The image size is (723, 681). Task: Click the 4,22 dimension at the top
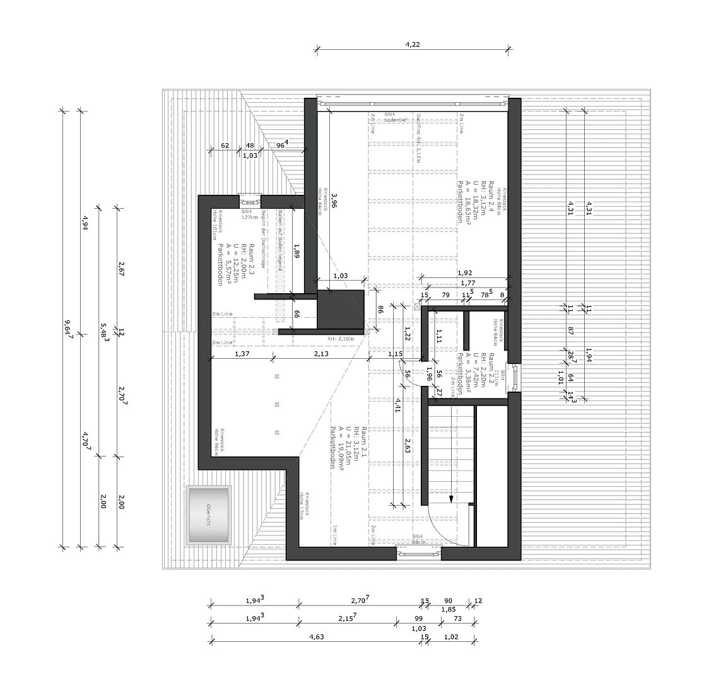413,44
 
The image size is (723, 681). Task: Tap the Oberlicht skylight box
208,515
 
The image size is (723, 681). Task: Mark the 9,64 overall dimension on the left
68,329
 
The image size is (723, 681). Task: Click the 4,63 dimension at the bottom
317,637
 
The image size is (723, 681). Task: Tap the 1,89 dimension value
297,251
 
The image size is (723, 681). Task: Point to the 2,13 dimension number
320,354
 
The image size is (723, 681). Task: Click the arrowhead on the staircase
451,499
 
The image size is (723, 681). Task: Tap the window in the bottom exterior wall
418,554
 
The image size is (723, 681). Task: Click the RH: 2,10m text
341,339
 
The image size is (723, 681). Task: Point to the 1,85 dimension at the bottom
449,609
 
